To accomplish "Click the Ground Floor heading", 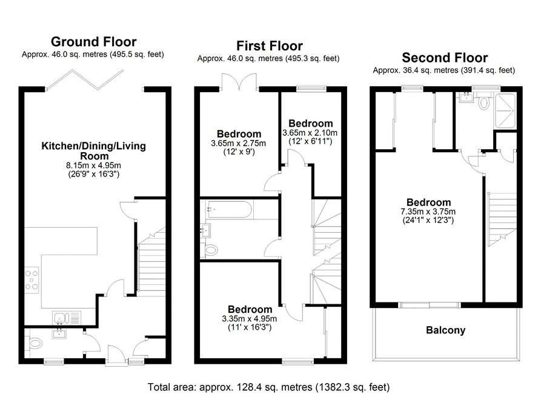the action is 93,42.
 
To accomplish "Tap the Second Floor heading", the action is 445,58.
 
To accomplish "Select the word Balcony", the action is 445,330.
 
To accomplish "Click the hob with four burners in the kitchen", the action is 32,280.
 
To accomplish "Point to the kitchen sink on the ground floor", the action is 67,318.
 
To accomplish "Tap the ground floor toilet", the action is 35,343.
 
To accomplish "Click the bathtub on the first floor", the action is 229,209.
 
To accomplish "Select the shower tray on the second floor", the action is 505,110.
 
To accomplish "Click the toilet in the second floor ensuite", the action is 484,102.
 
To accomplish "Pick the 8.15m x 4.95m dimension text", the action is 94,165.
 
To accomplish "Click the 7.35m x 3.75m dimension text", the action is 428,212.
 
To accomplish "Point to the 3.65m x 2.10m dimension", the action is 310,133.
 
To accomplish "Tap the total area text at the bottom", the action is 268,387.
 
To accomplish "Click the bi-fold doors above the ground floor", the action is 85,80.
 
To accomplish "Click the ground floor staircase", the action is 151,261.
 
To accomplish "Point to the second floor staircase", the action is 502,219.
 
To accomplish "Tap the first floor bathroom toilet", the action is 211,250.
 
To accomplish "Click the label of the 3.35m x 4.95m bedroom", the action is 250,309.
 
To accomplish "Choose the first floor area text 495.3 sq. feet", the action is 311,58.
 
